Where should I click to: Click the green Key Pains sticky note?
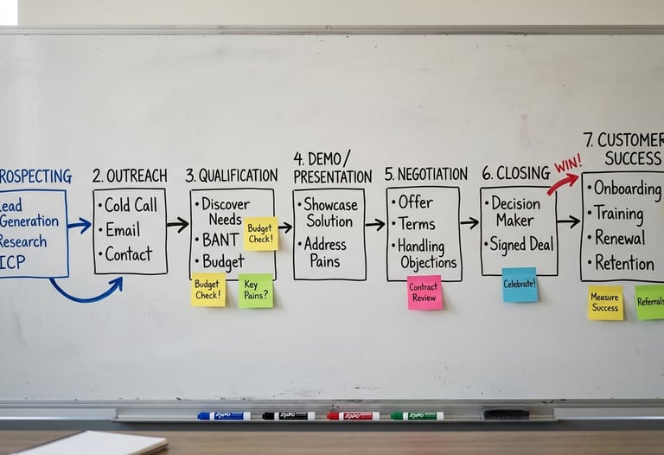point(255,291)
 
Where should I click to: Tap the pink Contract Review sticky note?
point(425,292)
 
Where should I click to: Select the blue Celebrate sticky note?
point(520,285)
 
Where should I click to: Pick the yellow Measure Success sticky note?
point(605,304)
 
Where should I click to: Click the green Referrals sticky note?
point(650,303)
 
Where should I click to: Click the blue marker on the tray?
point(223,416)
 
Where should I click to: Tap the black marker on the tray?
point(288,416)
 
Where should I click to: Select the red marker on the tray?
point(353,416)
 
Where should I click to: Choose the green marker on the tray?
point(417,416)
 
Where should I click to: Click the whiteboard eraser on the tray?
point(505,413)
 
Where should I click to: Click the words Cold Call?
point(131,206)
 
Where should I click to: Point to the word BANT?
point(221,240)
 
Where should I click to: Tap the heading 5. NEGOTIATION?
point(426,174)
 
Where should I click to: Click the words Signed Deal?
point(521,245)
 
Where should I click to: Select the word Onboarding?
point(628,188)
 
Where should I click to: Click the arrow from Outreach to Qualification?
point(177,225)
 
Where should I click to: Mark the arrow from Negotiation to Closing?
point(469,222)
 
